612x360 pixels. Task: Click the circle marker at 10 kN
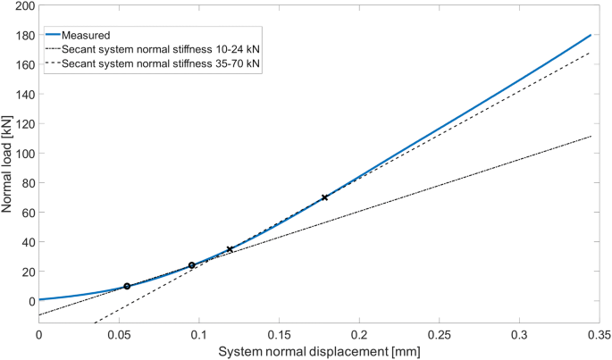[x=127, y=286]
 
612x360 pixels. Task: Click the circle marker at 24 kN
[x=192, y=265]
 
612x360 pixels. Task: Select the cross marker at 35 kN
[x=230, y=249]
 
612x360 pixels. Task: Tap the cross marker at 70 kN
[x=324, y=197]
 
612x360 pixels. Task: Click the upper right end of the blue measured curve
[x=591, y=36]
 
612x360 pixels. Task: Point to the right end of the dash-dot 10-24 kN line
[x=591, y=137]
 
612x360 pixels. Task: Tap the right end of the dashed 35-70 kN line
[x=591, y=53]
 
